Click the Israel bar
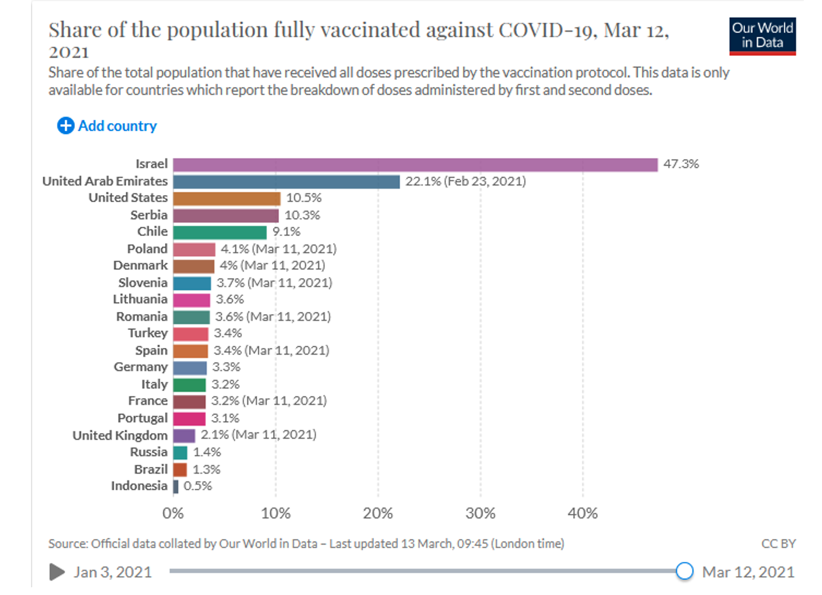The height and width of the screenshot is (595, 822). click(415, 165)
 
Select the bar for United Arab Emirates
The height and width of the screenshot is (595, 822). click(286, 182)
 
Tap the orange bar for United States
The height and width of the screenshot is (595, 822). click(227, 198)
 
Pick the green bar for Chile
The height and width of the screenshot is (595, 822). click(219, 232)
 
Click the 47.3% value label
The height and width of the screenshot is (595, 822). click(681, 164)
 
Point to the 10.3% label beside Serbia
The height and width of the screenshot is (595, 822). click(302, 216)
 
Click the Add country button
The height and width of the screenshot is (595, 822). click(107, 126)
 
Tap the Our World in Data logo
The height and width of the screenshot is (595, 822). click(762, 36)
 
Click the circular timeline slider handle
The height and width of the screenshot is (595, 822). click(685, 571)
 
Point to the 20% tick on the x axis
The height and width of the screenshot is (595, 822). click(378, 514)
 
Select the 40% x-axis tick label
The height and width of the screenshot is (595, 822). click(582, 514)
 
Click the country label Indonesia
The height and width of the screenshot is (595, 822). click(139, 486)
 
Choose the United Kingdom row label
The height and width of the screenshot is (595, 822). click(120, 435)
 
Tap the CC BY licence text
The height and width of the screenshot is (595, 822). click(778, 544)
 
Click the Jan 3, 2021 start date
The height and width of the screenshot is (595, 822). click(112, 572)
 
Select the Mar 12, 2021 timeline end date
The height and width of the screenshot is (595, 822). click(748, 572)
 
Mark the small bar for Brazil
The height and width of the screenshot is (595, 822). click(180, 470)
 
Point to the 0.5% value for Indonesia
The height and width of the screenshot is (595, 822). click(198, 486)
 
